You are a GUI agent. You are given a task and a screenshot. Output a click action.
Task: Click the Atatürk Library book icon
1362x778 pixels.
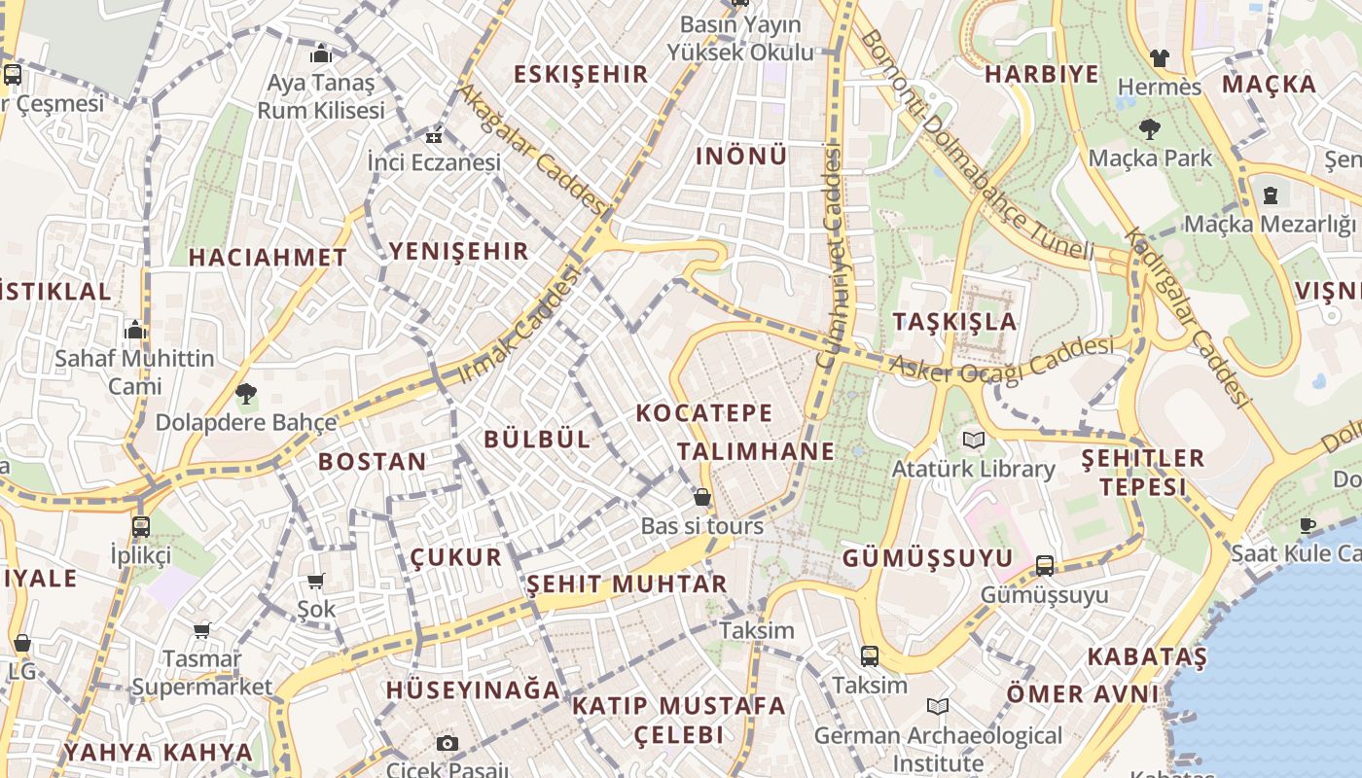point(974,440)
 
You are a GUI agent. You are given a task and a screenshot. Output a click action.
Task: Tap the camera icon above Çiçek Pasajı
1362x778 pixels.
point(448,744)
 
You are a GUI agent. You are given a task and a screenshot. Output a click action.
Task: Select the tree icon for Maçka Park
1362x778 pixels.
point(1150,128)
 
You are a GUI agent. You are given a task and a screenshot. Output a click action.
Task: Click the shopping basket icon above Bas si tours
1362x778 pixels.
point(701,497)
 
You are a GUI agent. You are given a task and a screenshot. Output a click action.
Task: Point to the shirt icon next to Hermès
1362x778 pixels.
point(1159,58)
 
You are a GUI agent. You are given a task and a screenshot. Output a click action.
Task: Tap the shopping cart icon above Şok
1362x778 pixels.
point(315,581)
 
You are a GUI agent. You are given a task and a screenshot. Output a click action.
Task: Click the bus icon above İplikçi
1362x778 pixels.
point(141,527)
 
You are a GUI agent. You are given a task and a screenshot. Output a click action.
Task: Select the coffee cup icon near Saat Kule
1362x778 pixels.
point(1308,525)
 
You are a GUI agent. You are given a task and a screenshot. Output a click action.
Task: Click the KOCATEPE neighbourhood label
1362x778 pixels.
point(704,412)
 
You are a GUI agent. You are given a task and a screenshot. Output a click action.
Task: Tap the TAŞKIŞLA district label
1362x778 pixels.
point(954,322)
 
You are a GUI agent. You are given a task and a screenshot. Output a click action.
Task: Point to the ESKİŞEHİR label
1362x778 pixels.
point(580,74)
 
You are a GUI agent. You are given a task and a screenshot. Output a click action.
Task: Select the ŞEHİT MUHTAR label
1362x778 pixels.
point(627,584)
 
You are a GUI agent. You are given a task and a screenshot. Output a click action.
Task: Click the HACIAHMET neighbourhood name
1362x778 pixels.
point(268,258)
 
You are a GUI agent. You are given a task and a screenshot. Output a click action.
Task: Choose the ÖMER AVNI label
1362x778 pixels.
point(1083,694)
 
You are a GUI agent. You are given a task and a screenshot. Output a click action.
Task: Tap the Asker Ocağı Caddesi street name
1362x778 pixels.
point(1002,360)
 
